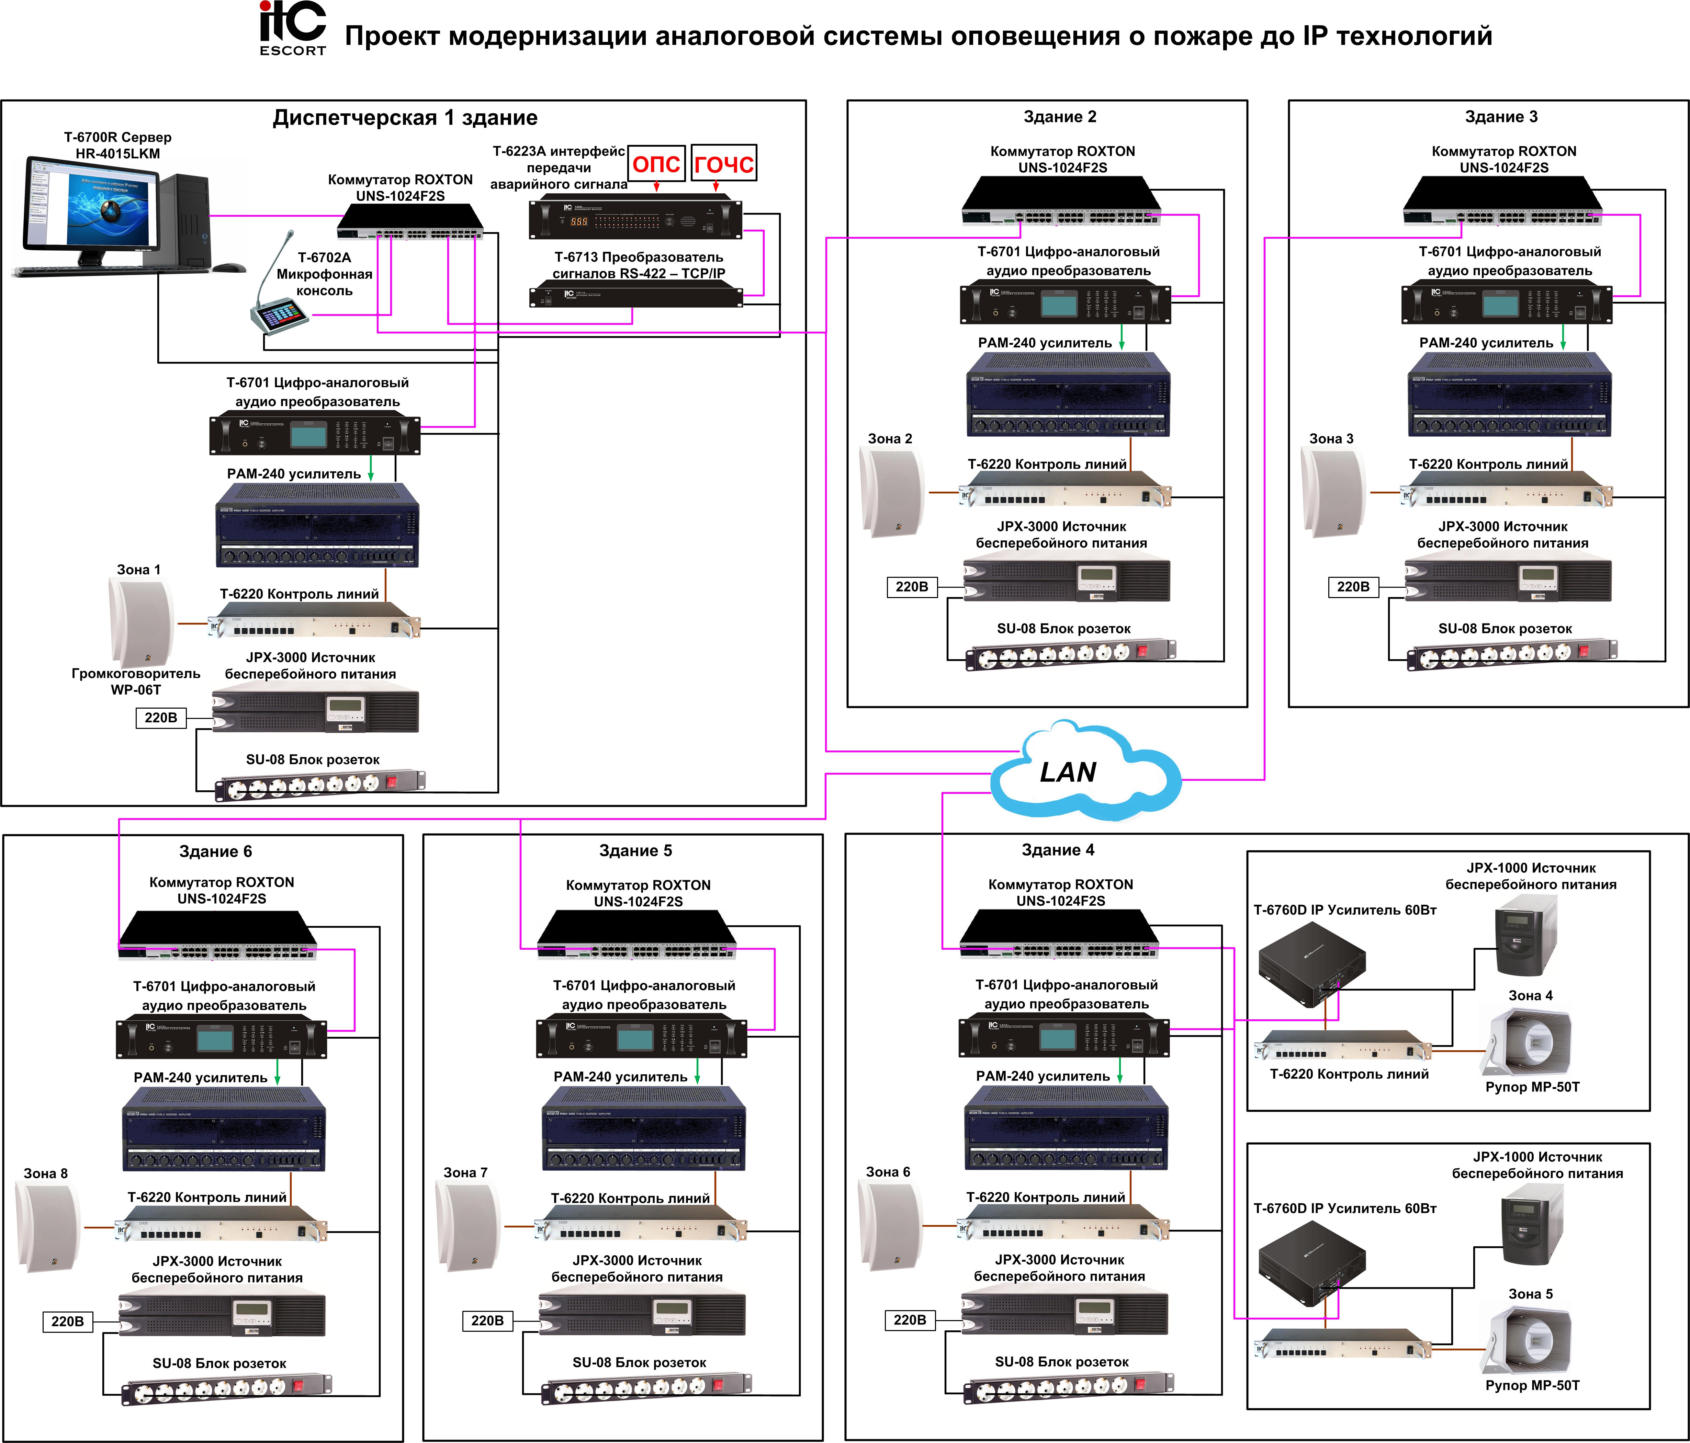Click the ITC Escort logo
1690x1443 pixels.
[292, 28]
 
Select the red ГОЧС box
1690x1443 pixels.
[723, 164]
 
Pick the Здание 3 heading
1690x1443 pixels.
[1501, 117]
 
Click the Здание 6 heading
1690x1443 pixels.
[215, 851]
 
